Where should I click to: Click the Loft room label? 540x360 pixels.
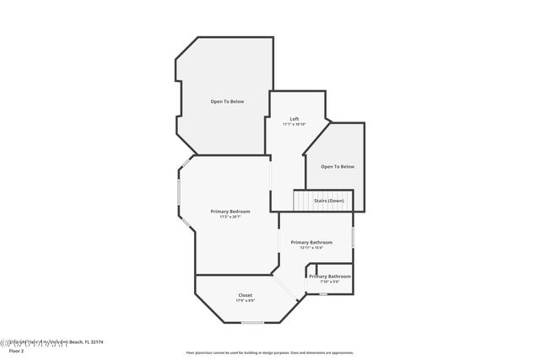294,119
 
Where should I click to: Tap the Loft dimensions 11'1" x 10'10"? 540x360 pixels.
294,125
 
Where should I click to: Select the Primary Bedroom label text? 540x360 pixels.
230,211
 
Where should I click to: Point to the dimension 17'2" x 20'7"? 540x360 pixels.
230,217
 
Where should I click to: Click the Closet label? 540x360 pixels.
245,295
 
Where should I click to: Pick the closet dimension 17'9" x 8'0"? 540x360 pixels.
245,301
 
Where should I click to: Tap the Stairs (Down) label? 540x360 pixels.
330,201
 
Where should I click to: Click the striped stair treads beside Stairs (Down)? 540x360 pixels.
304,201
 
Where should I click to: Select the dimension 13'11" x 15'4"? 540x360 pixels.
310,248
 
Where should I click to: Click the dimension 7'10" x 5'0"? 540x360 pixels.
329,282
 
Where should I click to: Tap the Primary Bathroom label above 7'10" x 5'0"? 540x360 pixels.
330,277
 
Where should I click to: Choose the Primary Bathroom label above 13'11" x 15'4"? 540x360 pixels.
311,242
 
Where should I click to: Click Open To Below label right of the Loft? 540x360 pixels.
337,167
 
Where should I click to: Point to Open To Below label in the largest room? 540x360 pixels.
228,101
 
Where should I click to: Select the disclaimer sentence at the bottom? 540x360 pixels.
270,353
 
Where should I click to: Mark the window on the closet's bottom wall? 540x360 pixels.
252,323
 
